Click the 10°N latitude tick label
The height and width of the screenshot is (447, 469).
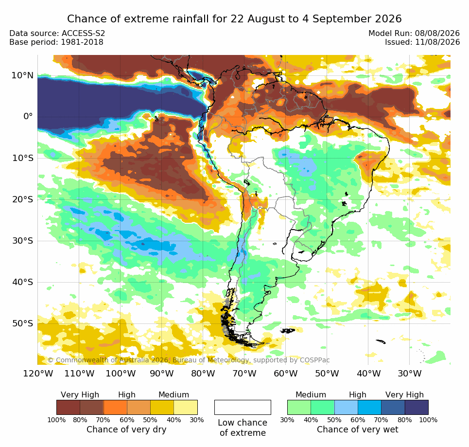pos(22,75)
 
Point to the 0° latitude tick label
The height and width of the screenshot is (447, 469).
pos(28,116)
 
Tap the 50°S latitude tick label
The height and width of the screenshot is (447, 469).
pos(22,323)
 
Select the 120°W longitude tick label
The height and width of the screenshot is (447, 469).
pos(38,374)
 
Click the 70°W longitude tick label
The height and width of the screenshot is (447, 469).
pos(244,374)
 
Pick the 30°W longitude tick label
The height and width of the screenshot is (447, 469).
pos(410,374)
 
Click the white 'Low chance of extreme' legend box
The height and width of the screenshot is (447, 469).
pos(243,407)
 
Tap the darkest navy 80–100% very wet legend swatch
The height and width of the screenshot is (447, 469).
pos(417,407)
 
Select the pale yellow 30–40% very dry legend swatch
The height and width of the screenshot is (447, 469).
pos(186,407)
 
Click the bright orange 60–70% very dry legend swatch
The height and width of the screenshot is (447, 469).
pos(115,407)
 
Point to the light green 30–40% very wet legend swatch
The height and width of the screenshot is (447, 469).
pos(299,407)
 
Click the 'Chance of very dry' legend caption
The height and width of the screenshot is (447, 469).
pos(126,429)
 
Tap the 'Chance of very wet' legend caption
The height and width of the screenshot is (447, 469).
pos(357,429)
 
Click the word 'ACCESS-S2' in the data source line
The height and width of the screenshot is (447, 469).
pos(83,33)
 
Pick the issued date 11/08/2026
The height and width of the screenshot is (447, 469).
pos(437,42)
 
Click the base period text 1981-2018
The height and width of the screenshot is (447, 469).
pos(82,42)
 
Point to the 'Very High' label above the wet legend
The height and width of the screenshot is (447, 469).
pos(404,394)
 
